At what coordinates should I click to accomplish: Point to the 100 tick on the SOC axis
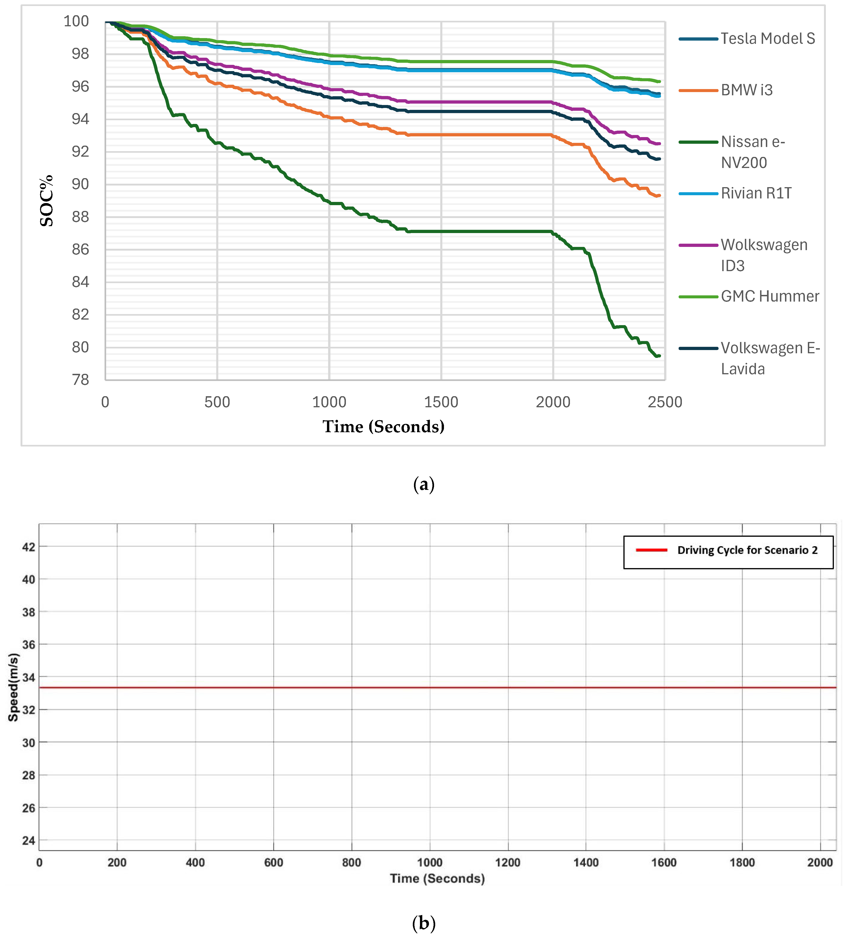pyautogui.click(x=76, y=21)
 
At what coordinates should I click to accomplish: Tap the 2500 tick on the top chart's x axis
pyautogui.click(x=665, y=402)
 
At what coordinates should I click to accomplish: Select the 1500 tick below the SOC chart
pyautogui.click(x=441, y=402)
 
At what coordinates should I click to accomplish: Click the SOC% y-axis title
pyautogui.click(x=47, y=201)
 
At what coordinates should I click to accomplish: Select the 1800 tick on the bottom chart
pyautogui.click(x=742, y=863)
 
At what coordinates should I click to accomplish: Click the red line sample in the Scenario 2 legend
pyautogui.click(x=651, y=550)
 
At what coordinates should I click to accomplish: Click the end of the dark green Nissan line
pyautogui.click(x=659, y=356)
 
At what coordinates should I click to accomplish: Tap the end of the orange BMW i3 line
pyautogui.click(x=659, y=195)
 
